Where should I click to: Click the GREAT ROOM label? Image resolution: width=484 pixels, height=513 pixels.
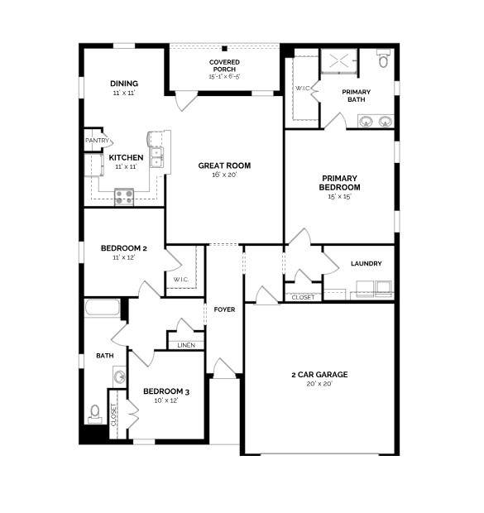pos(224,165)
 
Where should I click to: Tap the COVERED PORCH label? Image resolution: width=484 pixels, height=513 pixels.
pos(224,65)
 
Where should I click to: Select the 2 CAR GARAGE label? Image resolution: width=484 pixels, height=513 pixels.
pos(319,374)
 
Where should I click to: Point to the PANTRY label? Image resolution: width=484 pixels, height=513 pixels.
pos(97,141)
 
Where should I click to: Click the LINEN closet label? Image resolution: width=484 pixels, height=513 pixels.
pos(186,345)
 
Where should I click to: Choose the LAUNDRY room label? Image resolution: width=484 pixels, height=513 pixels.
pos(367,263)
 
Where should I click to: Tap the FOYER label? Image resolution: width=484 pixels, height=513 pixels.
pos(224,309)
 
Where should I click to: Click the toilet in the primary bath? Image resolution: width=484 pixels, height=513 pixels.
pos(383,58)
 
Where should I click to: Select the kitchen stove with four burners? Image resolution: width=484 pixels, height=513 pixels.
pos(124,197)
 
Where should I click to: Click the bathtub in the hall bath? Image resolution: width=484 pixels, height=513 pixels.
pos(103,308)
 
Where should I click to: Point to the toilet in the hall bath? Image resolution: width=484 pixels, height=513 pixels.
pos(95,414)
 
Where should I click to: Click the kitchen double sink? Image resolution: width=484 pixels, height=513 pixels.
pos(156,157)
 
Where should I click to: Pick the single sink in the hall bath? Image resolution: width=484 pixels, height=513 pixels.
pos(120,376)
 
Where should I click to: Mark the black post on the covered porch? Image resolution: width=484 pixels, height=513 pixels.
pos(224,49)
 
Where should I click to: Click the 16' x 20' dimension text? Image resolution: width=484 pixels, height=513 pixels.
pos(224,175)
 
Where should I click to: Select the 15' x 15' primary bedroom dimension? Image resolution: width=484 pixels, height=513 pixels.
pos(340,196)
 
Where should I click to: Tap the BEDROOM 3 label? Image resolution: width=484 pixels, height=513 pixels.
pos(166,391)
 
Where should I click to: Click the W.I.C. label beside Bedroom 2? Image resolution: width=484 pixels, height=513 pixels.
pos(181,280)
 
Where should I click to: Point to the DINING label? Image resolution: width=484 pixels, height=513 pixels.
pos(124,84)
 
